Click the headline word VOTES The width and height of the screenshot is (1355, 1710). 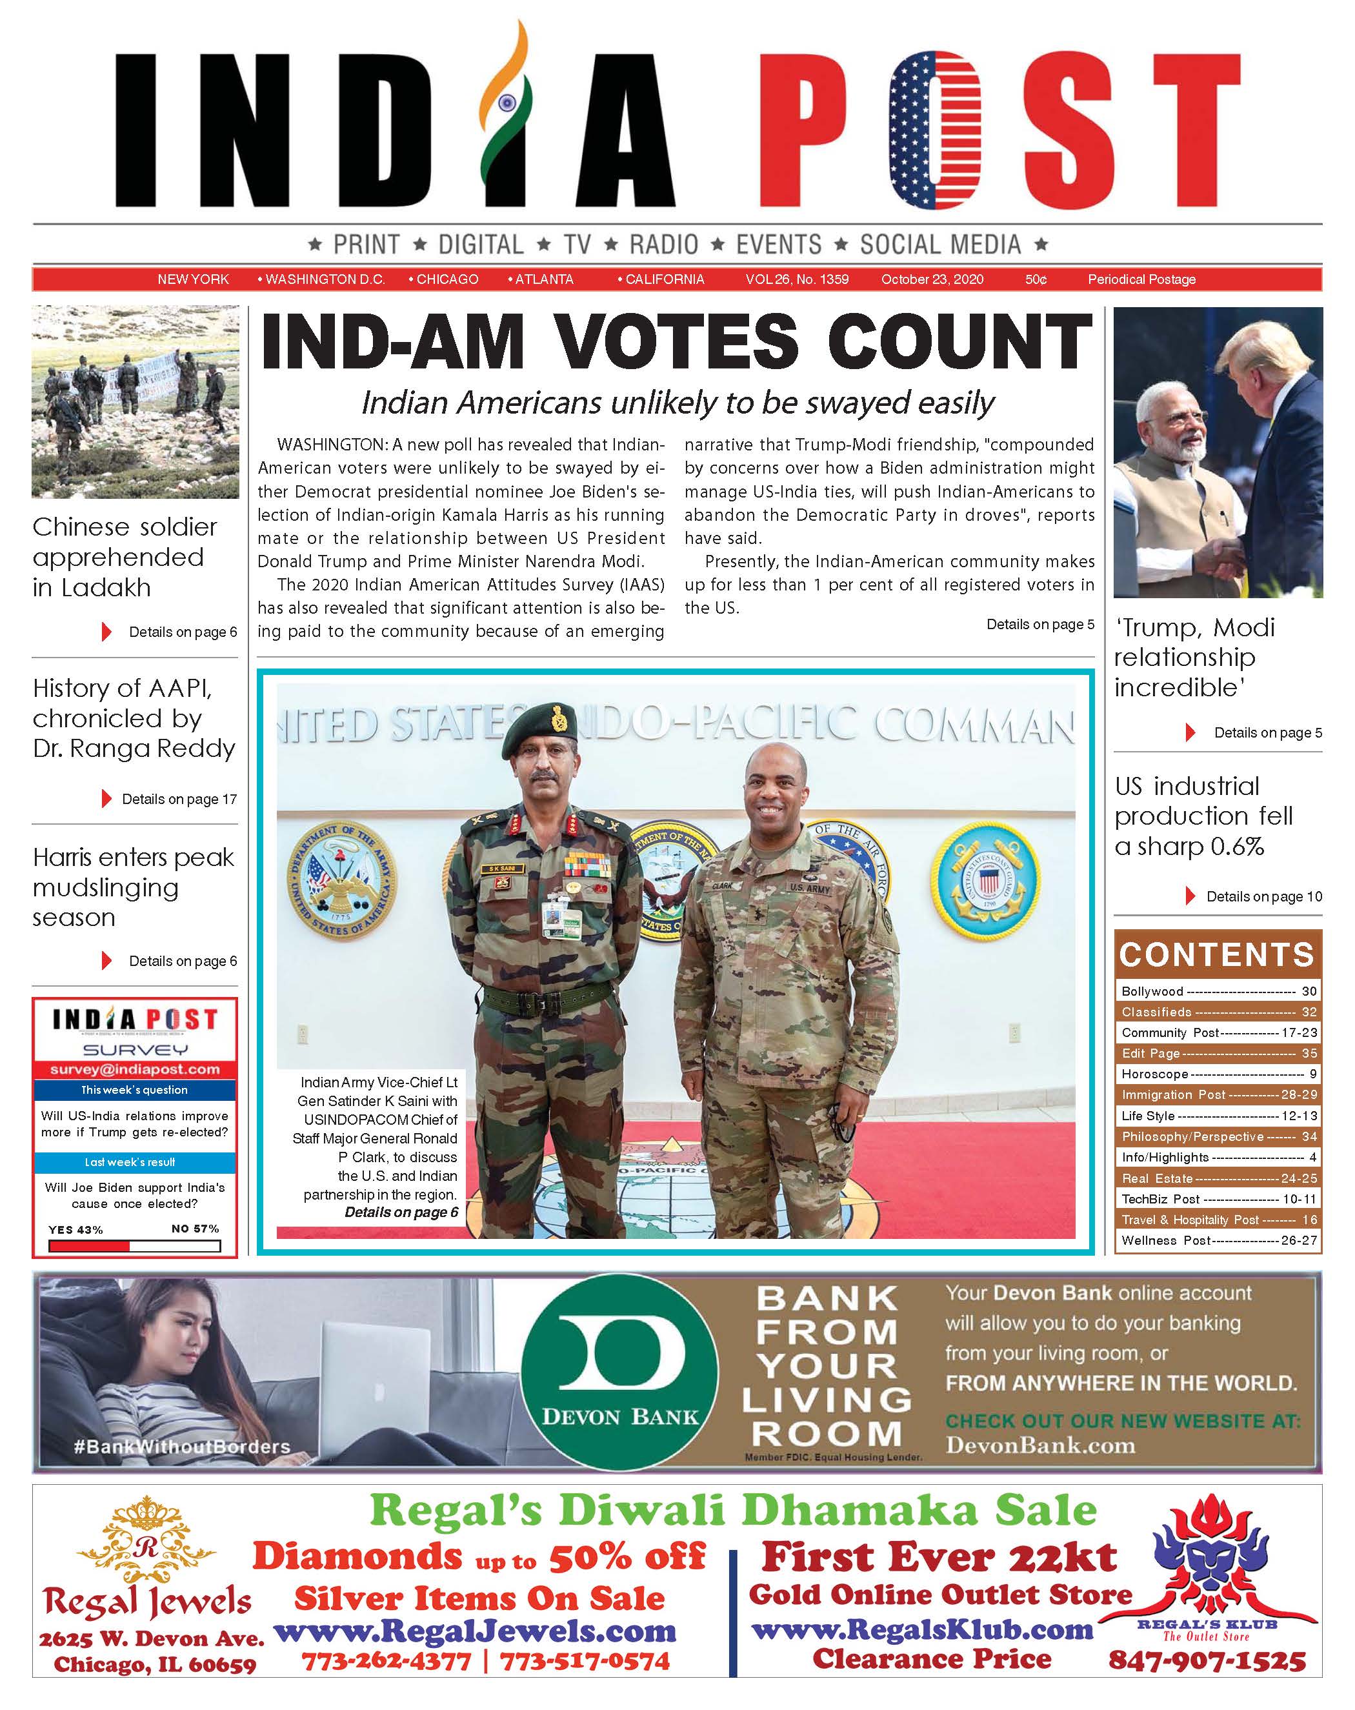(x=676, y=342)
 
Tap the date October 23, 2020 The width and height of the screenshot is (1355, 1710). (x=932, y=279)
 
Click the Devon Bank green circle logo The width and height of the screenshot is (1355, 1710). (x=619, y=1372)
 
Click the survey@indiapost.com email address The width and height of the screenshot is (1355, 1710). (x=135, y=1069)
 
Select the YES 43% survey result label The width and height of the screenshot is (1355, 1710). (x=75, y=1229)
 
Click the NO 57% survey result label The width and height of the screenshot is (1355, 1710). (x=195, y=1229)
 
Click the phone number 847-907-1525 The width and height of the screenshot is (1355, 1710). (x=1206, y=1660)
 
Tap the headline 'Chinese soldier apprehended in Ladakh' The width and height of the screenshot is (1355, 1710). (x=125, y=557)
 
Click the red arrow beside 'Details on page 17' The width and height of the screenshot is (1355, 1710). (x=106, y=799)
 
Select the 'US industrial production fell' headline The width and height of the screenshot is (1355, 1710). (x=1203, y=816)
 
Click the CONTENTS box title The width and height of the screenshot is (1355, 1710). (x=1217, y=955)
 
